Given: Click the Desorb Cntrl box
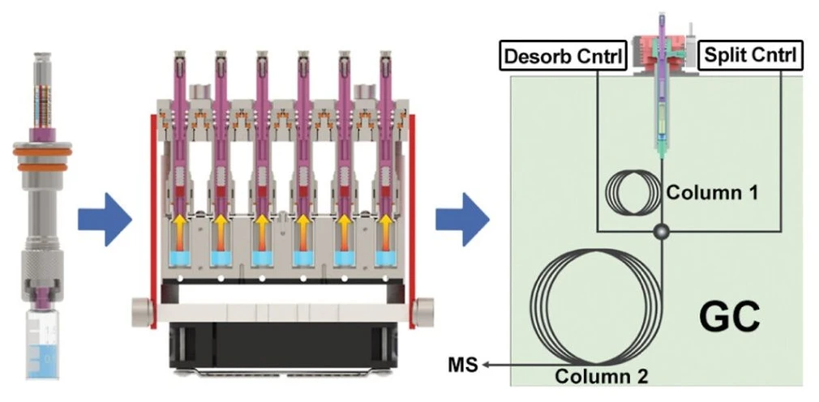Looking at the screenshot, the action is pos(564,55).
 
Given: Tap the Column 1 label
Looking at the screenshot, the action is pos(712,193).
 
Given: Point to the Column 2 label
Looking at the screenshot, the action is pos(602,376).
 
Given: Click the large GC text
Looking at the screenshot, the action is pos(730,317).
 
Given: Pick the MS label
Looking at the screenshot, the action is pos(463,366).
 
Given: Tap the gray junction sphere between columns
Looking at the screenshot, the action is pos(662,230).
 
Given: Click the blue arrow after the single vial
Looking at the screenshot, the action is pos(105,220).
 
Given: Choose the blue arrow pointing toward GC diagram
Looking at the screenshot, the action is pos(462,220).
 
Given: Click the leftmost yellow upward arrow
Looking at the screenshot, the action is pos(178,225).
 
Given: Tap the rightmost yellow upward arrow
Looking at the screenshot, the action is pos(385,225).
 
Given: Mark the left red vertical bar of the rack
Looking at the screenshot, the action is pos(153,221).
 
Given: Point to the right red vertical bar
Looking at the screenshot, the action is pos(412,221).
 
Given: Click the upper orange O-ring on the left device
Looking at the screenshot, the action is pos(42,152).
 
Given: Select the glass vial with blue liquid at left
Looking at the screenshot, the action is pos(43,344).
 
